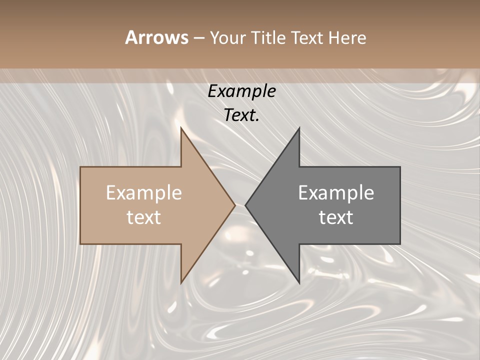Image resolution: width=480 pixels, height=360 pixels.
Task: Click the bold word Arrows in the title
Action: pos(156,37)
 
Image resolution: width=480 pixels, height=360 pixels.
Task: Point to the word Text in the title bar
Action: pos(307,37)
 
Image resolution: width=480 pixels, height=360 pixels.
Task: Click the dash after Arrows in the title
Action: pos(198,38)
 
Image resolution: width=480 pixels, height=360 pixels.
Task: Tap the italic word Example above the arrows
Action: pos(241,91)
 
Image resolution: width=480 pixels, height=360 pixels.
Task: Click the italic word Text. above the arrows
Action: pos(241,115)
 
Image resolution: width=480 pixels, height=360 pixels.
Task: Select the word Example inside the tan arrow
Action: pos(144,192)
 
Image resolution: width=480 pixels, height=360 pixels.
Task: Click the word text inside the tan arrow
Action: pos(144,217)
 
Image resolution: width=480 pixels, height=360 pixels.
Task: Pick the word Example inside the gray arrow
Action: pos(336,192)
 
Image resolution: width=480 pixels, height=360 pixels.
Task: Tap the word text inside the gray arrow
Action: pos(336,217)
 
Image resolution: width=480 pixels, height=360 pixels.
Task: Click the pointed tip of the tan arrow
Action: pos(235,205)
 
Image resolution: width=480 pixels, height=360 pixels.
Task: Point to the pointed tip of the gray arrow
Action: pos(245,205)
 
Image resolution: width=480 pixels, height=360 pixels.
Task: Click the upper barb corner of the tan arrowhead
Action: pos(181,127)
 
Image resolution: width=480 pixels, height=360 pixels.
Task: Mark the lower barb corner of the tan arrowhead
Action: pos(181,283)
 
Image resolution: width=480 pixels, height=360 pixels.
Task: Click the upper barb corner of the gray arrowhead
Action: pos(299,128)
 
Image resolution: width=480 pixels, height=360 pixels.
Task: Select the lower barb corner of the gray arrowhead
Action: pos(299,283)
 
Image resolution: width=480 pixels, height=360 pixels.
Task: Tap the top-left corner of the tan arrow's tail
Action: pos(80,167)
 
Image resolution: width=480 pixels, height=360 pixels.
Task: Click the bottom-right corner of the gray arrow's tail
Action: pos(400,244)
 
